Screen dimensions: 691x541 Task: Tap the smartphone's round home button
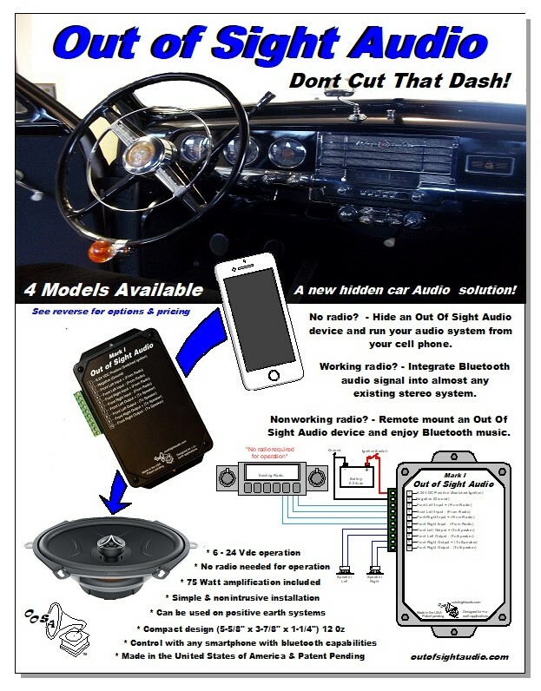pyautogui.click(x=277, y=376)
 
